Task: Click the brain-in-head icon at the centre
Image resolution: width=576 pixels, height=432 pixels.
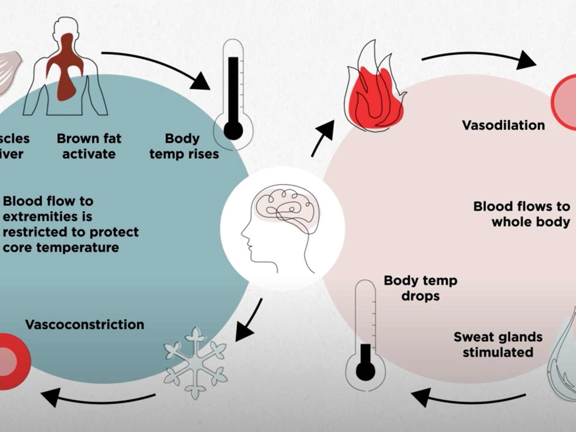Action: coord(282,227)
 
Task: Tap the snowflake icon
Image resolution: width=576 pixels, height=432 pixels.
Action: coord(195,363)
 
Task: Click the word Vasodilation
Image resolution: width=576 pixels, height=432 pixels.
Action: coord(503,125)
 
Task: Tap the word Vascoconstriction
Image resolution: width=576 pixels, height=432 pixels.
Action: coord(84,324)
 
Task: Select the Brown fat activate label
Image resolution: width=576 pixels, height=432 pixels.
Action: coord(89,146)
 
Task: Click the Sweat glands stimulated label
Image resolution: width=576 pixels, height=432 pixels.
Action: coord(498,344)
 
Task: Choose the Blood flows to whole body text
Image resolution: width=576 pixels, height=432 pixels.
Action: coord(521,214)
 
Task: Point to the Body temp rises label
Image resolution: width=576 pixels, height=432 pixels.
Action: coord(184,146)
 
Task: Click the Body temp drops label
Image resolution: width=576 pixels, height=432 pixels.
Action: coord(420,288)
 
